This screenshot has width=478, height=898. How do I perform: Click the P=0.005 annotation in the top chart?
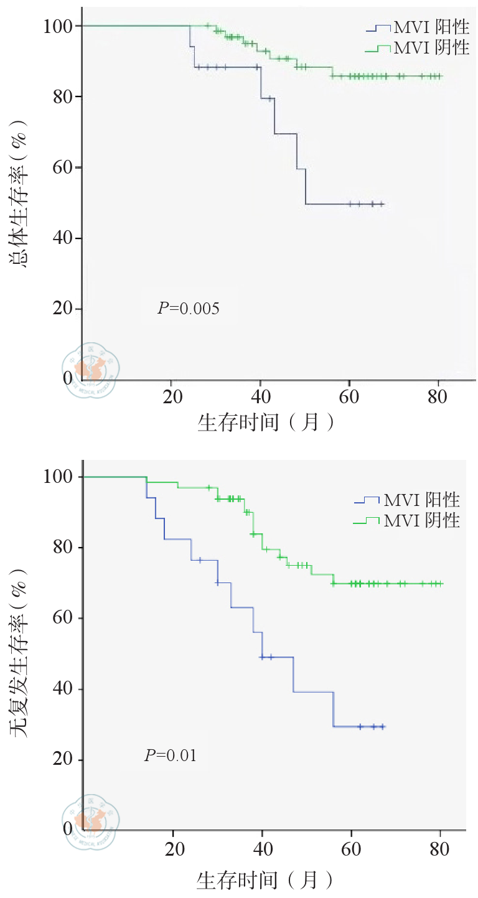188,308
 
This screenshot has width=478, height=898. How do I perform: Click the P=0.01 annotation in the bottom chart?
171,756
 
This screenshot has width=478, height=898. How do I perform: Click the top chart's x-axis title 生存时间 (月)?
266,423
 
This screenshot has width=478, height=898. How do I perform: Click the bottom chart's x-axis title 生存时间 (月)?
266,880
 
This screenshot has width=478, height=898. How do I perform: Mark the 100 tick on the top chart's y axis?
59,26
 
